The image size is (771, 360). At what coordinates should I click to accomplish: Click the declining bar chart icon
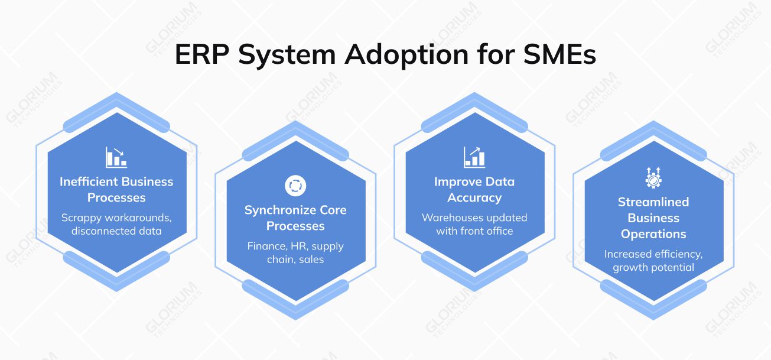point(116,157)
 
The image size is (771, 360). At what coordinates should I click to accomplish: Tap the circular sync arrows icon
point(295,185)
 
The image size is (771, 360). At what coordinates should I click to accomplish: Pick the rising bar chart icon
point(474,157)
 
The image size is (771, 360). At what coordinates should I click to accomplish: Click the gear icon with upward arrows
point(653,177)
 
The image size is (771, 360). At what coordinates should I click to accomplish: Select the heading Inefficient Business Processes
point(116,190)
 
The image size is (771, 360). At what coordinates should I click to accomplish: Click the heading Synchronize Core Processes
point(295,218)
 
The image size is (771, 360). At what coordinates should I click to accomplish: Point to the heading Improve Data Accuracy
point(474,190)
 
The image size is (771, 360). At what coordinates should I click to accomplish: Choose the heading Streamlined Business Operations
point(653,218)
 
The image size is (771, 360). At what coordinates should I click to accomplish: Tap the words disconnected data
point(116,231)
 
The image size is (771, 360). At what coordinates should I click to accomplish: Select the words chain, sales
point(295,260)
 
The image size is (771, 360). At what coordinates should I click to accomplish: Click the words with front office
point(474,231)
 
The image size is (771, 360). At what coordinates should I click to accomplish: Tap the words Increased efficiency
point(653,254)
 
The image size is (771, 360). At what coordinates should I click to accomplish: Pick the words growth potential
point(653,268)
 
